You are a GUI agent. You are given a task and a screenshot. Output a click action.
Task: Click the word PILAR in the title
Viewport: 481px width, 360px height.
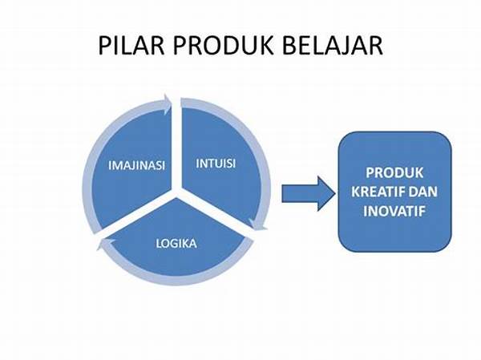coord(131,46)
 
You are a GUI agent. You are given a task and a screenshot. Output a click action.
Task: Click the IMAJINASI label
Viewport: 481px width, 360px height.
coord(136,165)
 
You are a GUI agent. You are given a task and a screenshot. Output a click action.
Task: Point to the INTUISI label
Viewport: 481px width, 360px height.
coord(216,164)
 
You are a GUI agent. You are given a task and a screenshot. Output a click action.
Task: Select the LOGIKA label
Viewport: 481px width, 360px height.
coord(176,244)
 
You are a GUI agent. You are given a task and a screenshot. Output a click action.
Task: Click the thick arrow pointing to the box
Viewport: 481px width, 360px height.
coord(309,194)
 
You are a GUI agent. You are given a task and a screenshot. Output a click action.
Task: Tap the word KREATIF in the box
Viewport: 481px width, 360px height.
coord(373,192)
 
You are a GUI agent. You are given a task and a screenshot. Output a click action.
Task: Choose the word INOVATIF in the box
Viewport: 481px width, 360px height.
coord(394,211)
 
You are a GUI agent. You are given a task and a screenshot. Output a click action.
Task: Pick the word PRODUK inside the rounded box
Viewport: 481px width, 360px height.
coord(394,173)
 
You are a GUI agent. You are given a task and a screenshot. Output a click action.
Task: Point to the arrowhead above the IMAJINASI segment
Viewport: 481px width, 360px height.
coord(167,104)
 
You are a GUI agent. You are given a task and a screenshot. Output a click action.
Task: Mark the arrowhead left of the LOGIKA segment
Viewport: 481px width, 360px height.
coord(105,244)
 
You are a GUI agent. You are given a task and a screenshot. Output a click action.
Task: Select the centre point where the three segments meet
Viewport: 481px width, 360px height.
coord(176,192)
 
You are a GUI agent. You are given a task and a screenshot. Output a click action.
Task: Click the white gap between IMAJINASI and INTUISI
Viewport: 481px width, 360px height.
coord(176,144)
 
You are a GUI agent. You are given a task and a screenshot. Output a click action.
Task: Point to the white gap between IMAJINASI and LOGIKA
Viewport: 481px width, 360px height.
coord(135,216)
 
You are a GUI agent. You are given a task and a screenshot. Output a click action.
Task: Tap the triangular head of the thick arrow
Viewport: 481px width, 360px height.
coord(325,194)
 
